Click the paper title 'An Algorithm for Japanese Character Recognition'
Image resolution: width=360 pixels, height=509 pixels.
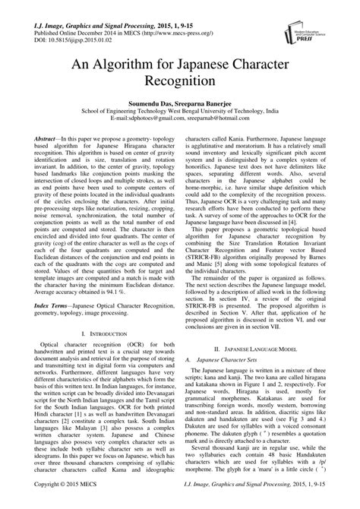[179, 80]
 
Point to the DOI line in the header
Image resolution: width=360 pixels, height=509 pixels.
[68, 33]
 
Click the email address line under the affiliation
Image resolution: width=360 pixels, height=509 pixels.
[179, 131]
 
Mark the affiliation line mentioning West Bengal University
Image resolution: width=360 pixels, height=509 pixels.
[179, 122]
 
